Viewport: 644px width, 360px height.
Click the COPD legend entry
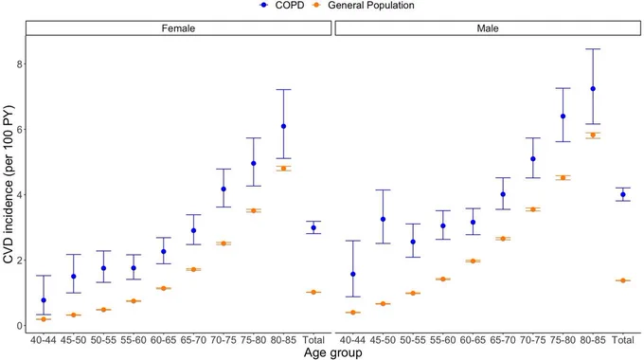(282, 6)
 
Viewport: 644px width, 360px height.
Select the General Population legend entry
(364, 6)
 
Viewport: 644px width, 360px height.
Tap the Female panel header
(178, 28)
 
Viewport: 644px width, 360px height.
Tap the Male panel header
(488, 28)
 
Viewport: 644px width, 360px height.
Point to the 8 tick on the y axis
(19, 64)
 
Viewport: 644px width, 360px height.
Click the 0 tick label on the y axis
(19, 326)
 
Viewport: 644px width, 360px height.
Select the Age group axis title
(333, 352)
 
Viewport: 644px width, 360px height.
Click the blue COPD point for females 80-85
(283, 126)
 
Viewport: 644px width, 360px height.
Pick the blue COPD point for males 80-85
(593, 89)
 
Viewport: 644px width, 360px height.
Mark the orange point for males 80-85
(593, 135)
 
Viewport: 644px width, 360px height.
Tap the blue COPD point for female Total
(313, 227)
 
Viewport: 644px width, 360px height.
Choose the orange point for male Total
(623, 280)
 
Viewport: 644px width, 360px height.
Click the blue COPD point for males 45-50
(383, 219)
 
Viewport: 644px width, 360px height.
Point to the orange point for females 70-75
(224, 243)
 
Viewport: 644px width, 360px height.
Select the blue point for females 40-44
(44, 300)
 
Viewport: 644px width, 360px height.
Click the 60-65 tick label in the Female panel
(164, 340)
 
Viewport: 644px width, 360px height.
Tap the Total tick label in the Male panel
(623, 340)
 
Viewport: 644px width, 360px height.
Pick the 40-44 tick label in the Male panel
(353, 340)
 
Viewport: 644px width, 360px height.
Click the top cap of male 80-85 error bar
(593, 49)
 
